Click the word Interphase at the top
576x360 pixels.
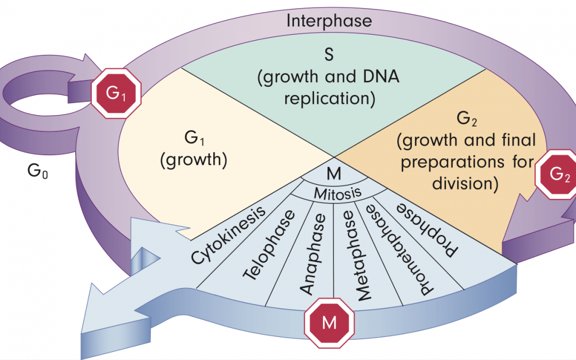click(x=329, y=21)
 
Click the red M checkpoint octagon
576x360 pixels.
click(x=329, y=322)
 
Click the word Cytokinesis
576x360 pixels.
click(x=229, y=235)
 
